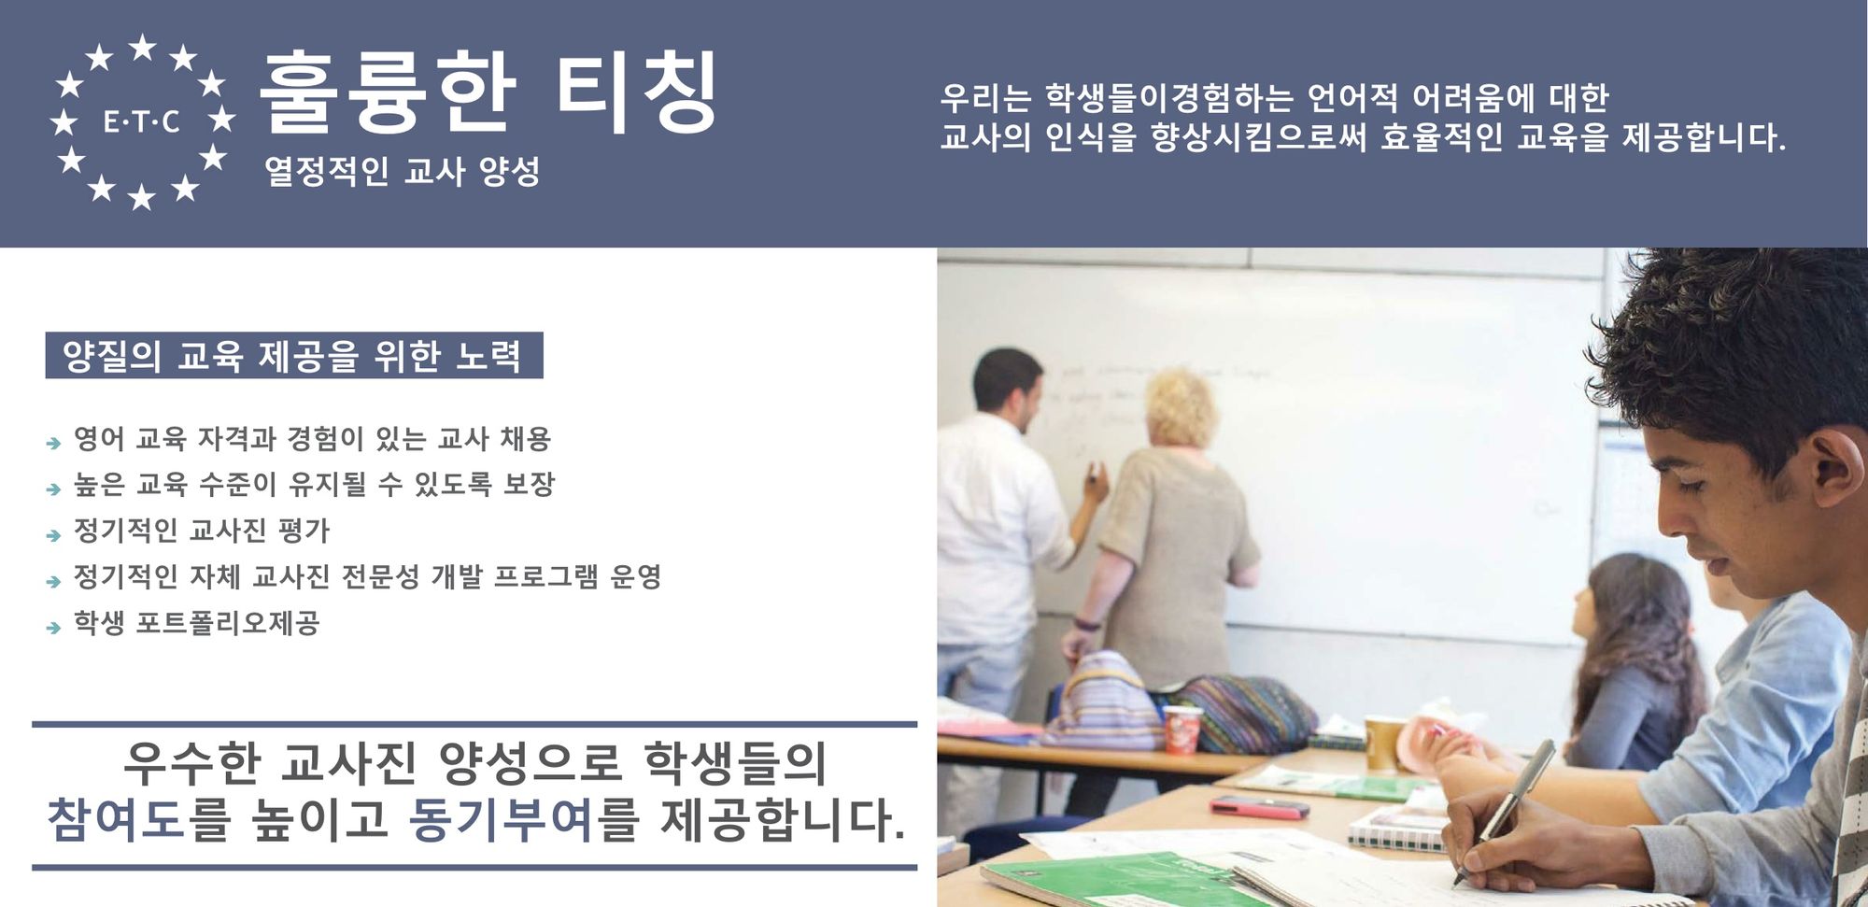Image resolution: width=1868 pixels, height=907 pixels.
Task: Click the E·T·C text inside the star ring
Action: click(141, 121)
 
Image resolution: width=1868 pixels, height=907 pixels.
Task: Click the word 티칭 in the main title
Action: click(637, 92)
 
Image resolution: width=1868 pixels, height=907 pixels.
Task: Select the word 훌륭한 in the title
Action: click(388, 92)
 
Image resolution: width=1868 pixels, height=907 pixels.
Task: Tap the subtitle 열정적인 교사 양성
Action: click(403, 171)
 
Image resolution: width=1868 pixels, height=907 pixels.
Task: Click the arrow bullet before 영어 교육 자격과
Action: click(54, 443)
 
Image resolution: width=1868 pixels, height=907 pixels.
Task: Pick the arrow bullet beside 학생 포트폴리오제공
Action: click(54, 628)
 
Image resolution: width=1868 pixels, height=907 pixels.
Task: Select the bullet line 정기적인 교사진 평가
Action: click(202, 531)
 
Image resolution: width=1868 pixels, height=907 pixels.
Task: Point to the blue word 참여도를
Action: click(139, 819)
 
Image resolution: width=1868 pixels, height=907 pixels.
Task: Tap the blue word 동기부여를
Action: click(524, 819)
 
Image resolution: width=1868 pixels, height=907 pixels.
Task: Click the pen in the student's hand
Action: click(1504, 811)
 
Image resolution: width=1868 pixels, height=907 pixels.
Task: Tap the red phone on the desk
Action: click(1259, 807)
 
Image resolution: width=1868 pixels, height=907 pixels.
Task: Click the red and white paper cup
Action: click(1182, 729)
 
